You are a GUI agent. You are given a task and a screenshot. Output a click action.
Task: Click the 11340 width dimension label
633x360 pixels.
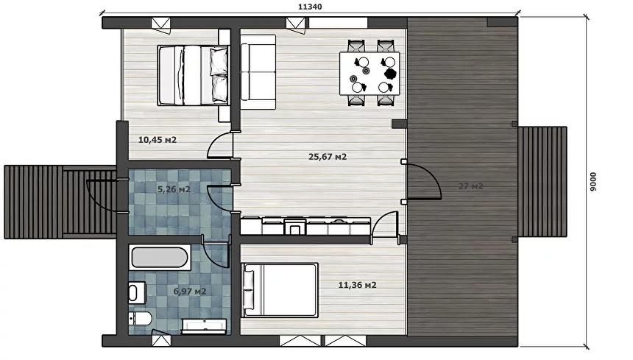point(310,7)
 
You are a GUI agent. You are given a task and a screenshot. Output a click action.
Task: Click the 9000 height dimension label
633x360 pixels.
point(593,182)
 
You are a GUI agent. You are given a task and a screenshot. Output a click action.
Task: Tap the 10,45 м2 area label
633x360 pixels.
point(158,140)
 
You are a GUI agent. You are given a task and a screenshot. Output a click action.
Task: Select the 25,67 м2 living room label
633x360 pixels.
point(328,157)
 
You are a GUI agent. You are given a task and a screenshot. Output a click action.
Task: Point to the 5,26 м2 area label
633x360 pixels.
point(174,189)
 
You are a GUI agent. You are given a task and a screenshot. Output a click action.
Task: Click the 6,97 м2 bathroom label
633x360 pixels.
point(190,291)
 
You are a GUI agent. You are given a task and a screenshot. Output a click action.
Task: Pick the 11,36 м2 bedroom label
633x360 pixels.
point(357,285)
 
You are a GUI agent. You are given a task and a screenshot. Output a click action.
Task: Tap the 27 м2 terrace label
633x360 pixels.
point(471,186)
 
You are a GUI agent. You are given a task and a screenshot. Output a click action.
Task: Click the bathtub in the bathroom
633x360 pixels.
point(160,258)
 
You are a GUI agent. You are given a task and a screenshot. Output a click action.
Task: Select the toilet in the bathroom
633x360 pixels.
point(138,319)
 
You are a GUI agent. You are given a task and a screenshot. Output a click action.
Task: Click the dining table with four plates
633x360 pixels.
point(369,73)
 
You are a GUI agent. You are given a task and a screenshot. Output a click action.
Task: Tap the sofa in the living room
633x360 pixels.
point(258,72)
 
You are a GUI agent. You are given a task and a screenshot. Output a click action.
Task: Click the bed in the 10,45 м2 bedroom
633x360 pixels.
point(193,76)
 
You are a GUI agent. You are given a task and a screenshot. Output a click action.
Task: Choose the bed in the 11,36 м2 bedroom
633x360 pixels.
point(280,290)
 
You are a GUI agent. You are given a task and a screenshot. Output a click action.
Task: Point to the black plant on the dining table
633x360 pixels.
point(390,74)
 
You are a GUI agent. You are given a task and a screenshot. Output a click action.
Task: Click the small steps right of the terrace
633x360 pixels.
point(542,182)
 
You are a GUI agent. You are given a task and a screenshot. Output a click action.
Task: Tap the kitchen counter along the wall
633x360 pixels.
point(305,227)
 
